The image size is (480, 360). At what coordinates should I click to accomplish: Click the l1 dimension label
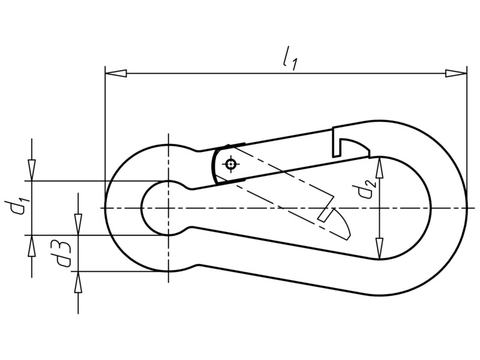pos(289,59)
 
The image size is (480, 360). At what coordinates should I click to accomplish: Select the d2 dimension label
pos(367,188)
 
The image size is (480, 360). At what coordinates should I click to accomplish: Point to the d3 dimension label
pos(64,253)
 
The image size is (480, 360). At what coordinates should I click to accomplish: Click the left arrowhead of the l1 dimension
pos(116,73)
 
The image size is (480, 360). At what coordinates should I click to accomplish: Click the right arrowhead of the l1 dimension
pos(456,73)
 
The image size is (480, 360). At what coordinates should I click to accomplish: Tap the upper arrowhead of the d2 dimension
pos(380,167)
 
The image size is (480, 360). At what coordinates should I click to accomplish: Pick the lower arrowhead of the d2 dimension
pos(380,249)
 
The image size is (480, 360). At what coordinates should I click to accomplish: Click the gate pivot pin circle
pos(230,164)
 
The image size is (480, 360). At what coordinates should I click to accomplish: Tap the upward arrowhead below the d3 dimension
pos(79,282)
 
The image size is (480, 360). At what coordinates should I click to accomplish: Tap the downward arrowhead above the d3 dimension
pos(79,224)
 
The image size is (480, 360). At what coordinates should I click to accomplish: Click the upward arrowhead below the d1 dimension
pos(32,246)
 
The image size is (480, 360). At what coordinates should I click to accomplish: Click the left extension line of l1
pos(105,137)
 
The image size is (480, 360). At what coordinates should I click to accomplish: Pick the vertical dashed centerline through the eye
pos(168,208)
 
